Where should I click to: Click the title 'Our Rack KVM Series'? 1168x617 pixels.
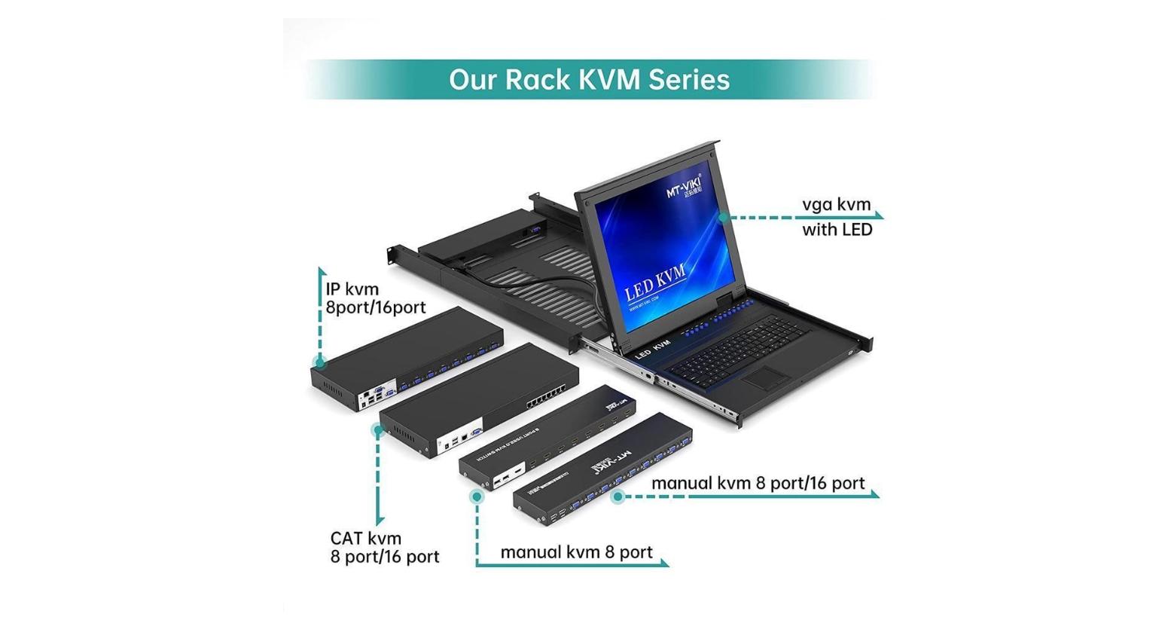(x=589, y=79)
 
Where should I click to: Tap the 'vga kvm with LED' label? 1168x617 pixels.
(x=837, y=217)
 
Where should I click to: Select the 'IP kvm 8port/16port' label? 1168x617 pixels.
(x=375, y=298)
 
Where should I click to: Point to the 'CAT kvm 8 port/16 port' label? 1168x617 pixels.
(x=384, y=548)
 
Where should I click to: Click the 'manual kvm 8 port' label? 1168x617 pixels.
(x=576, y=552)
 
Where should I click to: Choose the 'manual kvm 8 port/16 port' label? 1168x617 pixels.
(x=758, y=483)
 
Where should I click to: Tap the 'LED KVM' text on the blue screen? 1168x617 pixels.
(x=655, y=282)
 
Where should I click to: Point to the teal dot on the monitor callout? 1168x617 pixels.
(x=723, y=218)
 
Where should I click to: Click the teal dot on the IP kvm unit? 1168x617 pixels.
(x=320, y=363)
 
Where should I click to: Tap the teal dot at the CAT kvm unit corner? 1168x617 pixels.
(x=378, y=430)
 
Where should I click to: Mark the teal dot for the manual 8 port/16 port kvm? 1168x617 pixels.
(x=618, y=496)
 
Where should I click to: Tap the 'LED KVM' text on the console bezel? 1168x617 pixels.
(x=652, y=348)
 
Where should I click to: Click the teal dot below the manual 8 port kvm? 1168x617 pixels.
(x=476, y=496)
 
